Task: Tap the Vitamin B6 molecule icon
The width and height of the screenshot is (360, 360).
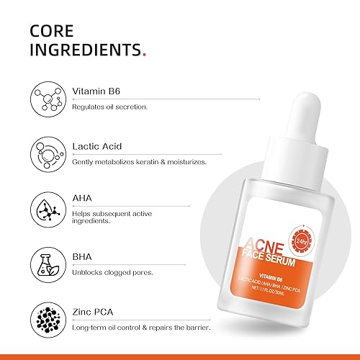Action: click(46, 99)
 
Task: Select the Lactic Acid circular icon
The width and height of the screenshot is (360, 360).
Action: click(46, 153)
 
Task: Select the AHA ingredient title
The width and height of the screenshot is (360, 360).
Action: click(84, 198)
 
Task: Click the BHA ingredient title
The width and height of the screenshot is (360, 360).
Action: click(84, 252)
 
